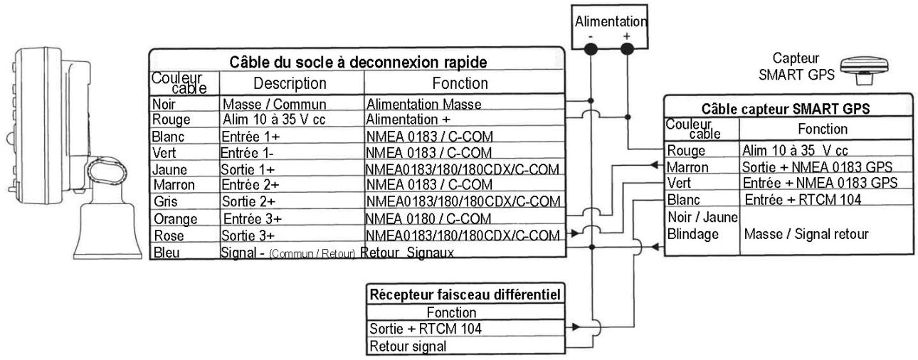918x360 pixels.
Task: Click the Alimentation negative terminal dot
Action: [x=591, y=50]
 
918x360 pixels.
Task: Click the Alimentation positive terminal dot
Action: [x=627, y=49]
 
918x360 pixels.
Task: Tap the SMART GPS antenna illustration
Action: [x=865, y=70]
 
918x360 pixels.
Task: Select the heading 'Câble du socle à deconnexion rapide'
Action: [x=358, y=62]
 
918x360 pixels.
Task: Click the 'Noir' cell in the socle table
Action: [x=164, y=104]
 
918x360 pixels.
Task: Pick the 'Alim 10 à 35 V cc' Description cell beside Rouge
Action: [x=274, y=120]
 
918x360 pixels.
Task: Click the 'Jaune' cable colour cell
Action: [x=169, y=169]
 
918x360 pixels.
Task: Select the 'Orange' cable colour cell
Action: [x=175, y=219]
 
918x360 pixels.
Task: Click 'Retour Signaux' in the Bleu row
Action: [x=407, y=253]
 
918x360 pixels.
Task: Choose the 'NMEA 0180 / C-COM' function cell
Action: [x=428, y=218]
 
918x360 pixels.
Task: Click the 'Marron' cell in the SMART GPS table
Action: [x=687, y=167]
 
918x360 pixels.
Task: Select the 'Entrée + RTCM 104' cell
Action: [x=803, y=200]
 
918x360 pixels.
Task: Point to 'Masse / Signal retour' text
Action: [x=806, y=234]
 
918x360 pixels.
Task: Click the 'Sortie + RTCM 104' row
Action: [x=426, y=329]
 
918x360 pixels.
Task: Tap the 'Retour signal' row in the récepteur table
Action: [x=408, y=346]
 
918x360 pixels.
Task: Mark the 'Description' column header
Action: [x=290, y=83]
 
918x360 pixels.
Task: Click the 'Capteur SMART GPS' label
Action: [x=796, y=66]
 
